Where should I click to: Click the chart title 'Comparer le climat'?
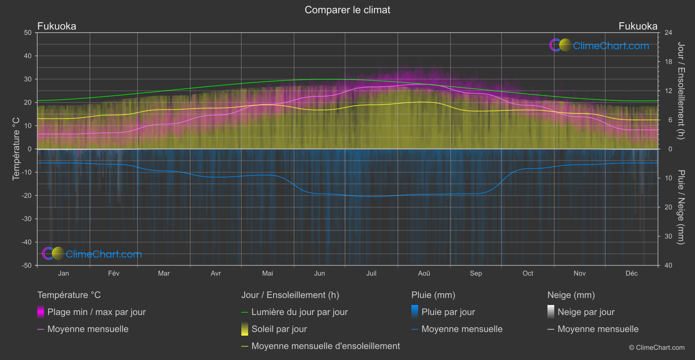pos(347,10)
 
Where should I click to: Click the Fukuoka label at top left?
pos(57,26)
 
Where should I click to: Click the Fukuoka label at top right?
pos(637,26)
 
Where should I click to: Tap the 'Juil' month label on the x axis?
pos(371,273)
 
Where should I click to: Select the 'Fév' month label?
pos(113,273)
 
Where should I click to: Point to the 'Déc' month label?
pos(631,273)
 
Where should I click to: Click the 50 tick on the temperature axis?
pos(28,33)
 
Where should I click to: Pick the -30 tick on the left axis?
pos(27,219)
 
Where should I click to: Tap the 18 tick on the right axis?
pos(668,62)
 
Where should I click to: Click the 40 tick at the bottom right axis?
pos(668,265)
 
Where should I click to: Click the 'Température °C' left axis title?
pos(16,148)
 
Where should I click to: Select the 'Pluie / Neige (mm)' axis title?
pos(681,207)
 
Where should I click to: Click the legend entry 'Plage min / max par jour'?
pos(96,312)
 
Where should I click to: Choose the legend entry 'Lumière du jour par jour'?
pos(299,312)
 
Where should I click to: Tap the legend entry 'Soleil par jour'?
pos(279,329)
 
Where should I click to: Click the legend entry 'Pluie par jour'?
pos(448,312)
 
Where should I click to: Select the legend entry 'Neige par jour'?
pos(585,312)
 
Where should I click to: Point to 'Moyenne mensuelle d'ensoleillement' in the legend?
pos(325,346)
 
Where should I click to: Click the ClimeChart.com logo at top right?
pos(599,45)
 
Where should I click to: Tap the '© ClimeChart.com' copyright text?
pos(657,347)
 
